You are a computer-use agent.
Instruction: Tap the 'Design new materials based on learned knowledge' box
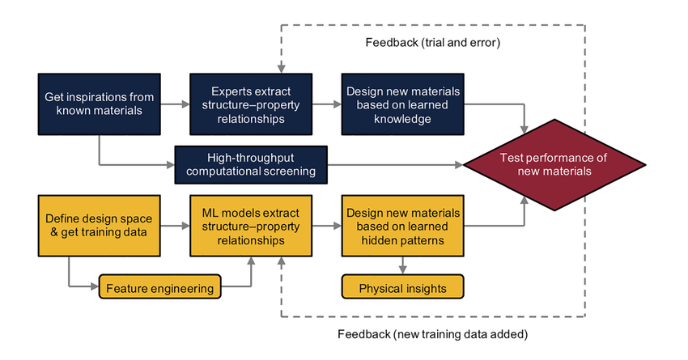402,104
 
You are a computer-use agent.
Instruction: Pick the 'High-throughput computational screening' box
250,164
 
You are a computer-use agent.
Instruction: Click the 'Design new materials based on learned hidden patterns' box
402,226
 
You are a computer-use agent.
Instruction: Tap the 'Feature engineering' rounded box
159,287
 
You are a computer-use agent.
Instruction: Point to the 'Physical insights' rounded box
402,287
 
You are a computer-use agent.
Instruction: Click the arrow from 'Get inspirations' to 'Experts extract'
173,104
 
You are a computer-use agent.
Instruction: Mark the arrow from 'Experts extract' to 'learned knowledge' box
325,104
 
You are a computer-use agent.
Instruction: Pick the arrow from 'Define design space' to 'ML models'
173,226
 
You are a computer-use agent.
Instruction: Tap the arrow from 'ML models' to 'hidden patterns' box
325,226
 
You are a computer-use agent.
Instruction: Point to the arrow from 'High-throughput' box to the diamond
397,164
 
